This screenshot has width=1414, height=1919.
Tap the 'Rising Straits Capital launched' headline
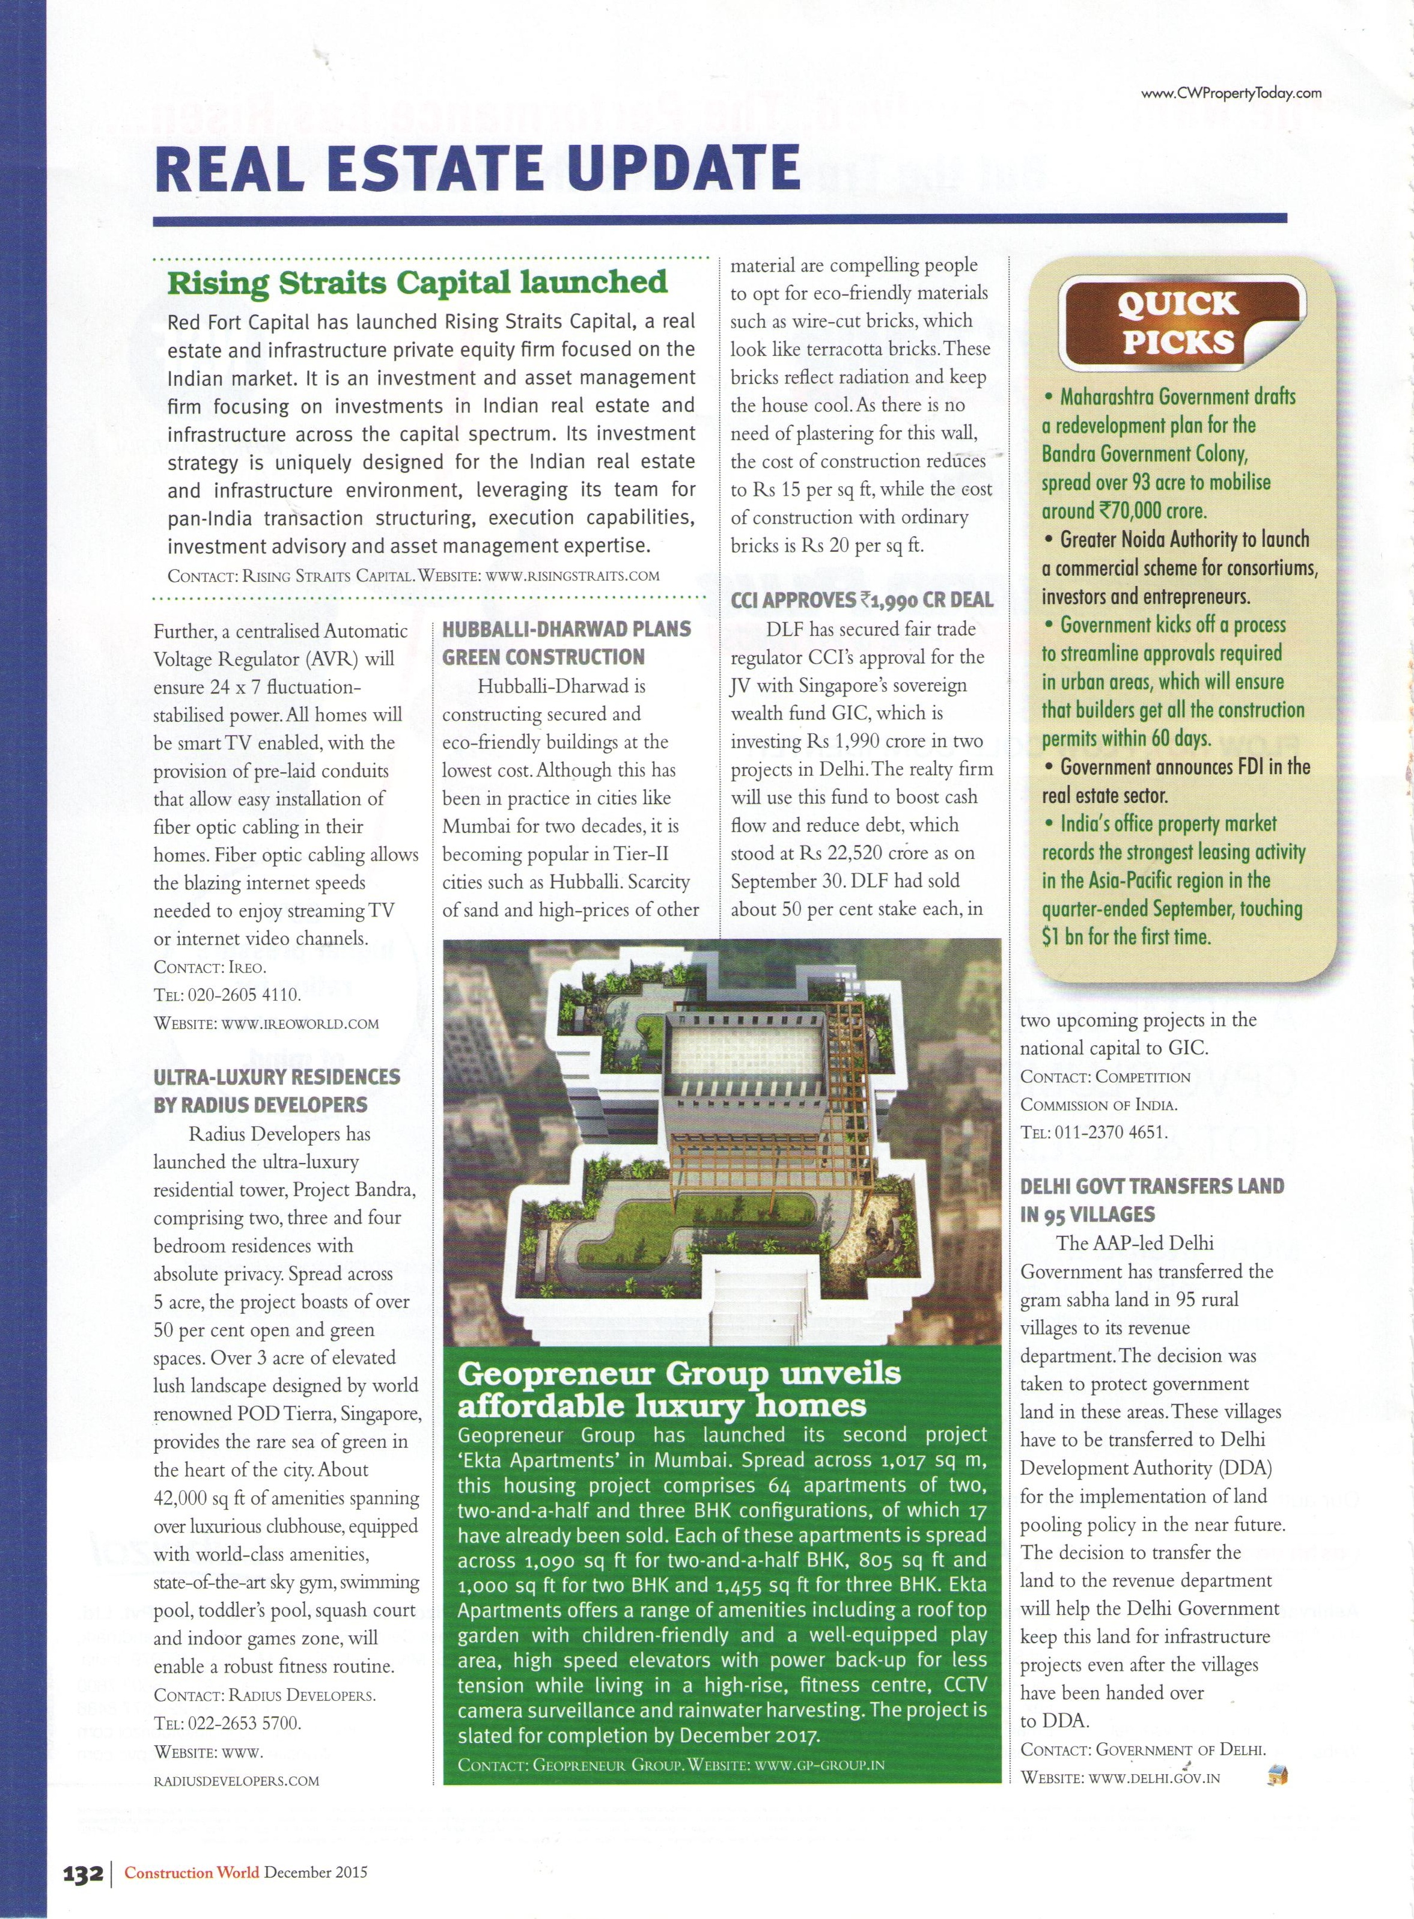(417, 282)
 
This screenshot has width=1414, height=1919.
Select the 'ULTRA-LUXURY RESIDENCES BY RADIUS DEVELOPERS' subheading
(276, 1090)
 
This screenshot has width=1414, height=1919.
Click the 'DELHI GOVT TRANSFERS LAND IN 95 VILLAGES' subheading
(1151, 1199)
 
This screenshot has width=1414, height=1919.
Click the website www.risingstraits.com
(573, 575)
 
